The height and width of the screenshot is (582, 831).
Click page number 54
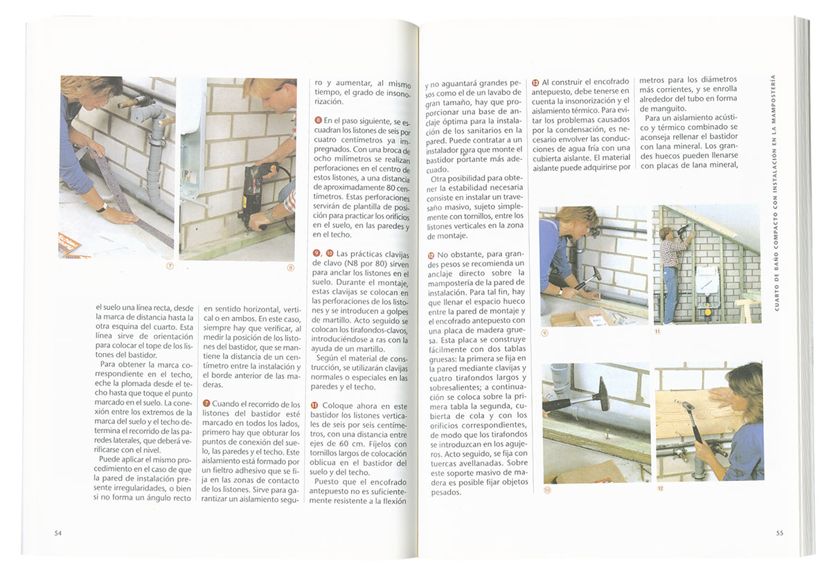(58, 533)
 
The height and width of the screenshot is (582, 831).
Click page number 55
(780, 533)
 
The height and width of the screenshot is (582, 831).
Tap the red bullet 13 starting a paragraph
(535, 82)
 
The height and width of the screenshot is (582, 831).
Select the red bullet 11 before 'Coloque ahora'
(314, 406)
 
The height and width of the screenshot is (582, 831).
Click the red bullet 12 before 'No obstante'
(431, 255)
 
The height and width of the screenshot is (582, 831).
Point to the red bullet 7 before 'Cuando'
(206, 403)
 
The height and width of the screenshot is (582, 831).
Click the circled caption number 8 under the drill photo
(291, 268)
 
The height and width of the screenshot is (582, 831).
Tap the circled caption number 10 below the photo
(548, 490)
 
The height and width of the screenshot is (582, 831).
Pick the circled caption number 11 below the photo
(657, 331)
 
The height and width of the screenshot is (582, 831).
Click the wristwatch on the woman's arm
(102, 207)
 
